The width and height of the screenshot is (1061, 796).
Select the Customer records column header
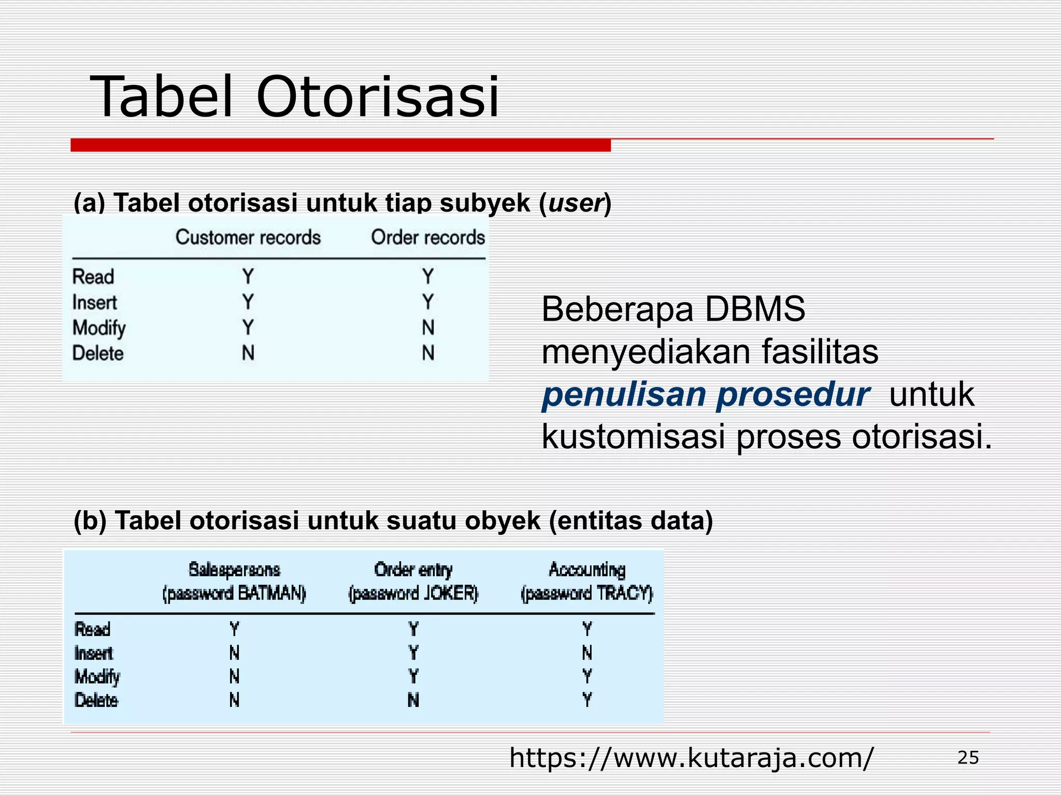[x=248, y=237]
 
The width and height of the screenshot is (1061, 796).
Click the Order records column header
[x=428, y=237]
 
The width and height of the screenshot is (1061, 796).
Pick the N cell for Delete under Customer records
[x=248, y=353]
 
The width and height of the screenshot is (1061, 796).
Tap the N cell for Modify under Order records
[x=428, y=328]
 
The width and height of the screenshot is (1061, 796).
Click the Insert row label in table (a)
[x=94, y=302]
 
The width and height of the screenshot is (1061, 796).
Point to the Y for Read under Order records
[x=428, y=276]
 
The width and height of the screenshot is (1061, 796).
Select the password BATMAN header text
[x=234, y=593]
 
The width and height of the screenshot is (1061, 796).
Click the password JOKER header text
[x=413, y=593]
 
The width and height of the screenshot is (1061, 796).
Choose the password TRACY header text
[x=587, y=593]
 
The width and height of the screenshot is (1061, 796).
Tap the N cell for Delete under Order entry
[x=413, y=700]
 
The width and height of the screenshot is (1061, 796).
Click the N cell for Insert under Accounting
[x=587, y=652]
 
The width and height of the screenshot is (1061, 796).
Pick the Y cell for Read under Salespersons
[x=234, y=629]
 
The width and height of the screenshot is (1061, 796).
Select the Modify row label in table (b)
[x=97, y=676]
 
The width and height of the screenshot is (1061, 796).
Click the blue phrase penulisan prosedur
[x=706, y=394]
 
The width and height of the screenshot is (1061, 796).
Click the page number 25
[x=968, y=758]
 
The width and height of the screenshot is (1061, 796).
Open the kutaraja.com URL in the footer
[x=691, y=758]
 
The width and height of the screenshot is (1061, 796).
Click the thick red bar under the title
[x=340, y=145]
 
